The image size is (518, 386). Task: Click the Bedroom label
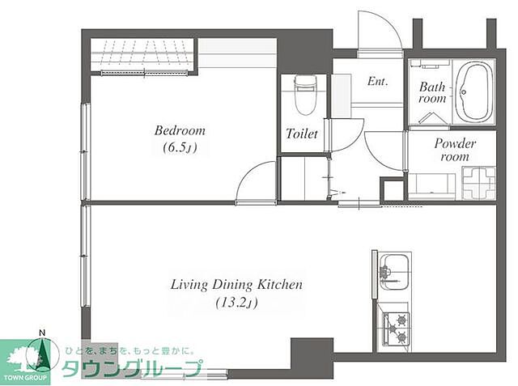[x=180, y=131]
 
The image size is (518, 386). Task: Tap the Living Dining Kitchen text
[x=236, y=285]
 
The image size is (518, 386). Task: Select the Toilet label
[x=302, y=134]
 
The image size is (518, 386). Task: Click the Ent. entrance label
[x=377, y=81]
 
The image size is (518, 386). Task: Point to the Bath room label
[x=432, y=93]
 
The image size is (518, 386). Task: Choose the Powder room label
[x=455, y=150]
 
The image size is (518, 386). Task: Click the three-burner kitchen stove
[x=396, y=329]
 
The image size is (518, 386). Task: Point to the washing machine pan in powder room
[x=478, y=183]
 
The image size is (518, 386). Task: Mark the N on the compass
[x=42, y=333]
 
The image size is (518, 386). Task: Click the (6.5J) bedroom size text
[x=180, y=148]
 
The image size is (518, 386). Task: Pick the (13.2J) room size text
[x=236, y=303]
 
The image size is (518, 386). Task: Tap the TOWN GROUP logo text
[x=25, y=378]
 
